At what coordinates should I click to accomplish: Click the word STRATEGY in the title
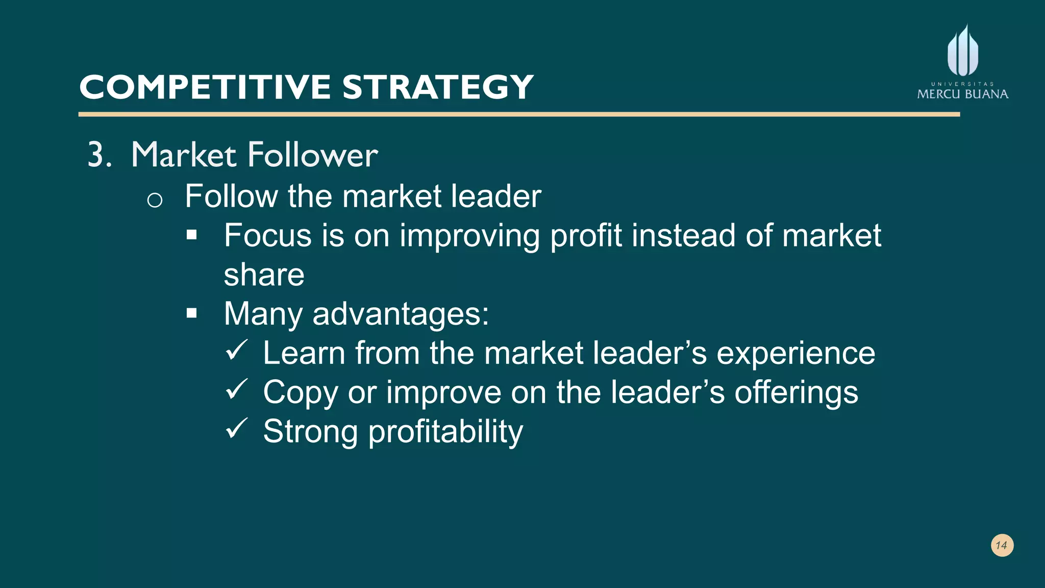(x=438, y=87)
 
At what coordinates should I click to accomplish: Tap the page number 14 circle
(x=1002, y=545)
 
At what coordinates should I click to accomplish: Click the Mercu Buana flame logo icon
(x=963, y=51)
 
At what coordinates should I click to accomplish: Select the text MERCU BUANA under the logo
(x=962, y=94)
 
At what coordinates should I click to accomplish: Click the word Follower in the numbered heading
(x=312, y=155)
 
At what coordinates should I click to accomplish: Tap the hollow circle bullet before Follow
(x=155, y=200)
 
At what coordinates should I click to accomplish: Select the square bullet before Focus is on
(x=192, y=235)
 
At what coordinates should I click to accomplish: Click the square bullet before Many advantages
(x=192, y=313)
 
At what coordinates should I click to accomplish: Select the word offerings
(x=796, y=392)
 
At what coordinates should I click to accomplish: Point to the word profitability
(x=445, y=432)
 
